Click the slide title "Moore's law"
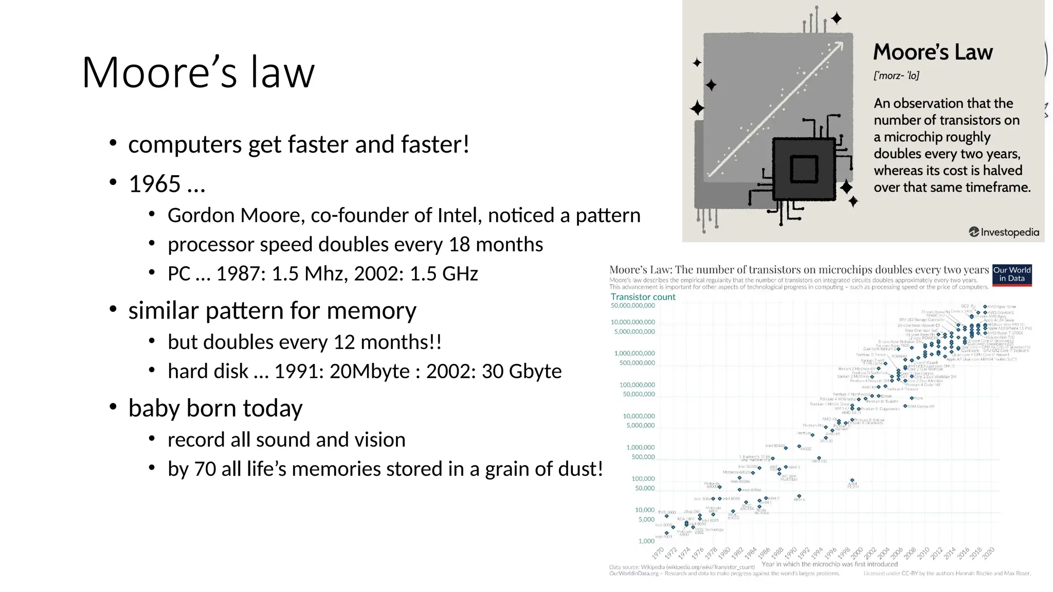[198, 72]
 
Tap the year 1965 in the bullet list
[155, 184]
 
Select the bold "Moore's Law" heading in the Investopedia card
[933, 52]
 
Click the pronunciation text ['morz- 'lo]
[896, 76]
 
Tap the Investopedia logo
[1004, 232]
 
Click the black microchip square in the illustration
[804, 169]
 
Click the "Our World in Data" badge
[1012, 274]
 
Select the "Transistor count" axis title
[643, 297]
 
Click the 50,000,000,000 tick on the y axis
[632, 306]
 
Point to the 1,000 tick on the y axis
[646, 541]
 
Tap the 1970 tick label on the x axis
[658, 553]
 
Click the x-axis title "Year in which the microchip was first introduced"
[829, 564]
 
